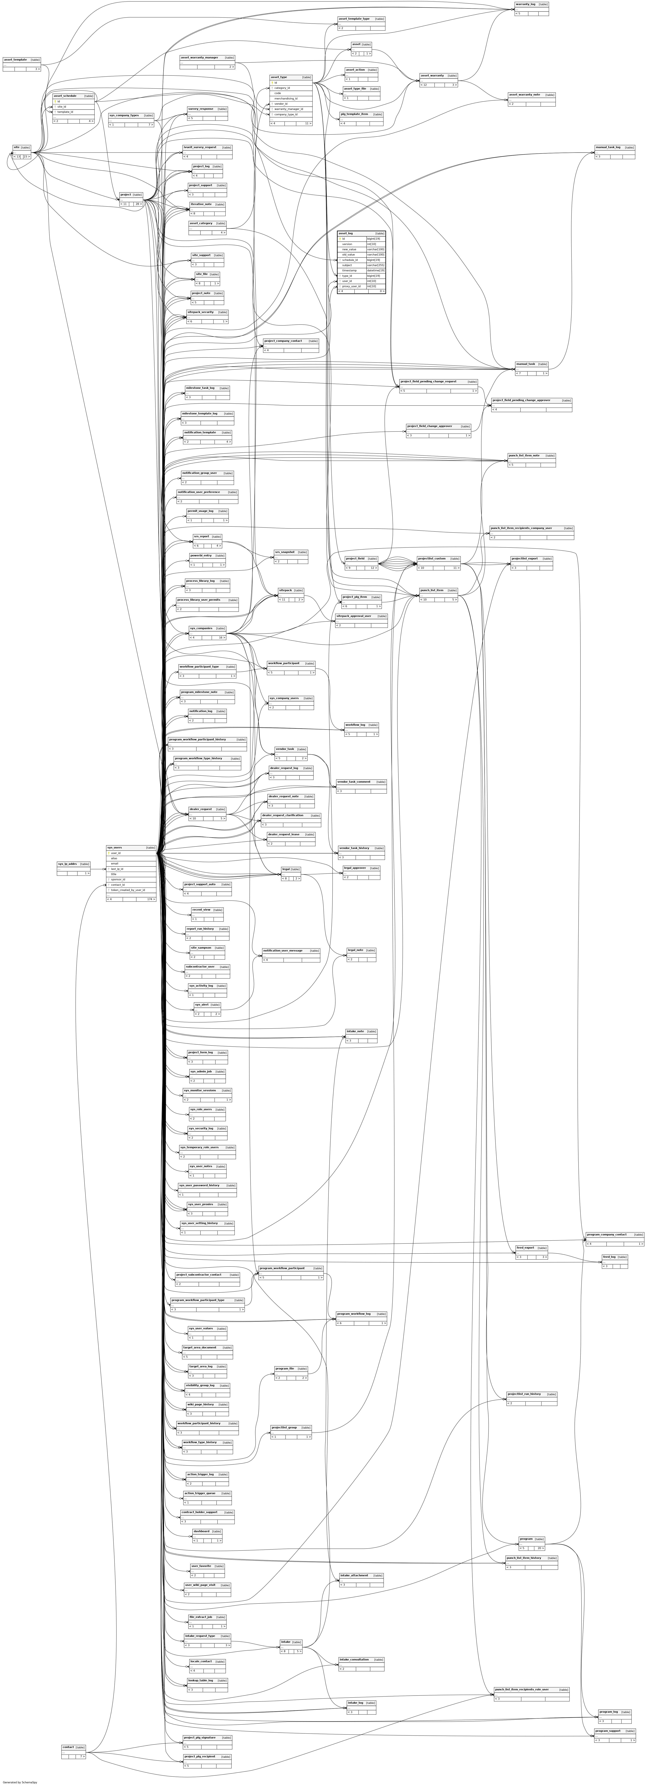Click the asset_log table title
[345, 233]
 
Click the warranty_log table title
[525, 4]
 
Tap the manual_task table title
[525, 363]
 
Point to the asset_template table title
[15, 60]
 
